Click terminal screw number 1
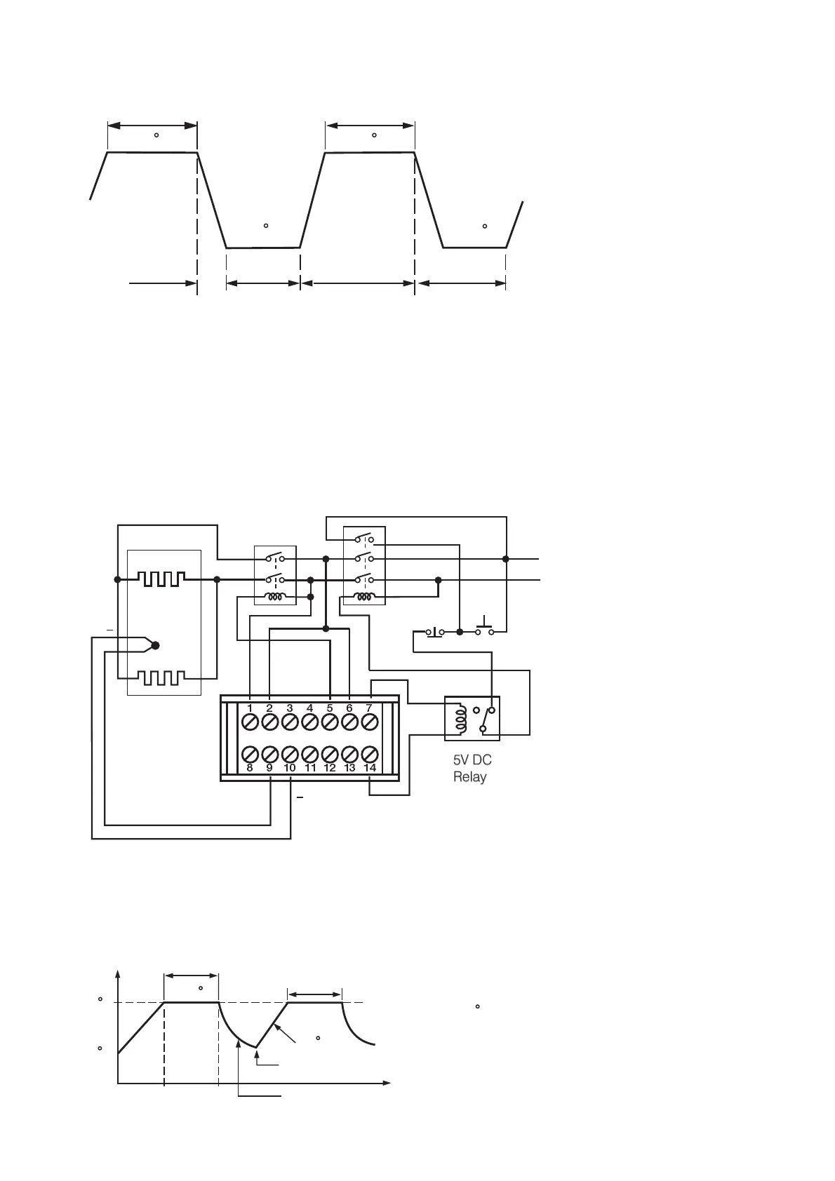(250, 721)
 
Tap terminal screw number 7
(370, 721)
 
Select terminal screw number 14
(370, 755)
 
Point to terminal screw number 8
(250, 755)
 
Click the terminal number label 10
(290, 769)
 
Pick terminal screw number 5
(330, 721)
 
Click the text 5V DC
(472, 760)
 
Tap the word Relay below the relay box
(469, 777)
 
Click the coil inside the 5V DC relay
(461, 719)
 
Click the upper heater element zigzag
(162, 579)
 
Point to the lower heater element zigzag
(162, 678)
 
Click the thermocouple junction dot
(156, 645)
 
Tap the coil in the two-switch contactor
(274, 598)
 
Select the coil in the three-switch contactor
(363, 598)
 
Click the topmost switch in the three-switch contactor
(363, 539)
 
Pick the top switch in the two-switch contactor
(274, 559)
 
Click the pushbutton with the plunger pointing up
(483, 628)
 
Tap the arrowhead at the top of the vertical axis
(118, 975)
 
